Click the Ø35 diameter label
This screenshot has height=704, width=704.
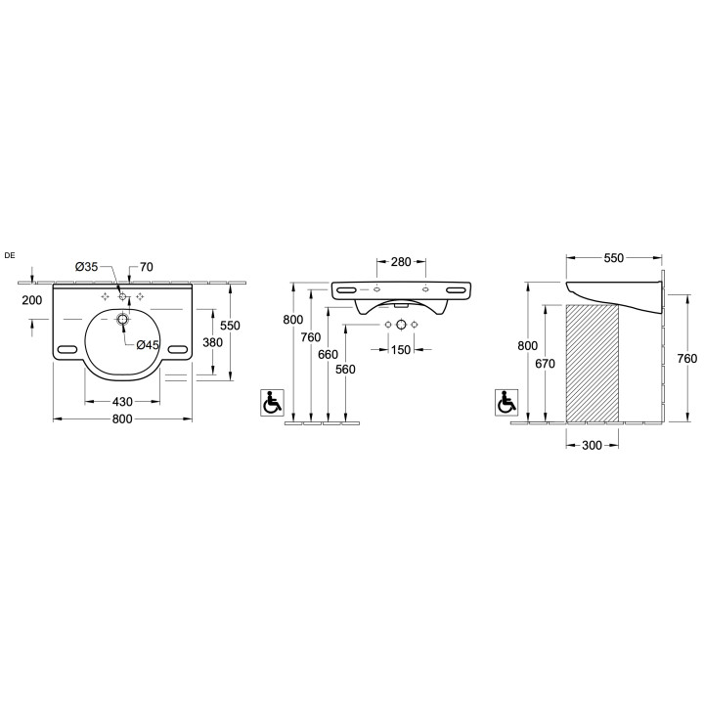pyautogui.click(x=86, y=267)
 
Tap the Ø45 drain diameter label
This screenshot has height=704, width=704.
pyautogui.click(x=148, y=345)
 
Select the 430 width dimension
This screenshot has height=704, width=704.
pyautogui.click(x=122, y=402)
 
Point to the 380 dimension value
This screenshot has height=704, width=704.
pyautogui.click(x=212, y=342)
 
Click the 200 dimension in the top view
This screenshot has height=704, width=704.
pyautogui.click(x=32, y=300)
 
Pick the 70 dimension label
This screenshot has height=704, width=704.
pyautogui.click(x=147, y=267)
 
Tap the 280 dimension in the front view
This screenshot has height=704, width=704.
pyautogui.click(x=401, y=261)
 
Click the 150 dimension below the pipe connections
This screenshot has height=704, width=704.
pyautogui.click(x=401, y=349)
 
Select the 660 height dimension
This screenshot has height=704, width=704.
pyautogui.click(x=328, y=354)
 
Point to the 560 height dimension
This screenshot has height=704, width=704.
pyautogui.click(x=345, y=369)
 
